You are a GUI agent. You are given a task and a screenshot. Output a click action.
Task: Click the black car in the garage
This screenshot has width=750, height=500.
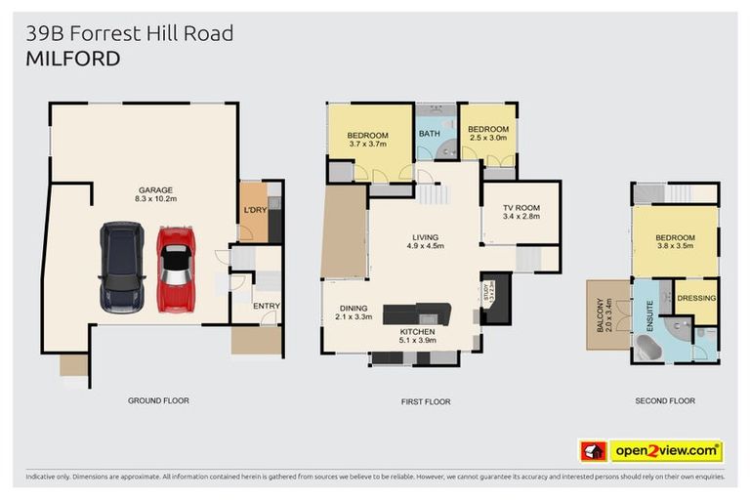click(122, 266)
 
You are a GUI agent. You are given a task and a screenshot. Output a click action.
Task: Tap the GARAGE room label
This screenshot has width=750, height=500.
click(155, 190)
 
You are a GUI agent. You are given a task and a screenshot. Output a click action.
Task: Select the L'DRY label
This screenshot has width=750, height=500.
click(255, 210)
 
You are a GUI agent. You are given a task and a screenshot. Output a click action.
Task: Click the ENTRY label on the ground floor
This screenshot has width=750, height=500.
click(266, 306)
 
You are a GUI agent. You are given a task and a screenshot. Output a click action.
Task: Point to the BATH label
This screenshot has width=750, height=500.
click(430, 134)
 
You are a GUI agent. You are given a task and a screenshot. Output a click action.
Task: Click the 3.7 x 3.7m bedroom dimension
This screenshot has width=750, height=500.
click(368, 145)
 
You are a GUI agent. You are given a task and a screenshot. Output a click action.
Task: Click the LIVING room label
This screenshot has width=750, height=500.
click(425, 237)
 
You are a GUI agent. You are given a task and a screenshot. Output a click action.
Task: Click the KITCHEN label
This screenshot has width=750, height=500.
click(417, 333)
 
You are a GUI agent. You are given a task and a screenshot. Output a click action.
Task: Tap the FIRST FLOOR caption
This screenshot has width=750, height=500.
click(425, 401)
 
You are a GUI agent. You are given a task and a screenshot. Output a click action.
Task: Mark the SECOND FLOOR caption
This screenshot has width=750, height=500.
click(664, 401)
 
